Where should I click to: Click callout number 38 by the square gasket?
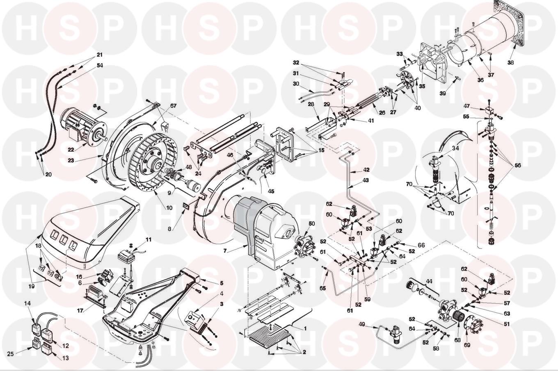pyautogui.click(x=510, y=63)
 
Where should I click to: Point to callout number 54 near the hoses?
pyautogui.click(x=100, y=65)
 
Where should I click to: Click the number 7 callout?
pyautogui.click(x=225, y=251)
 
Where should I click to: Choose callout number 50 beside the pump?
pyautogui.click(x=312, y=223)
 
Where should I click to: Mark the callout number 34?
pyautogui.click(x=455, y=148)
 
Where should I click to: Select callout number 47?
pyautogui.click(x=467, y=106)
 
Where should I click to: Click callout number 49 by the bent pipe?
pyautogui.click(x=362, y=324)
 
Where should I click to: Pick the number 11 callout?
pyautogui.click(x=149, y=240)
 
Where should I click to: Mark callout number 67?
pyautogui.click(x=173, y=105)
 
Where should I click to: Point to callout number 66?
pyautogui.click(x=421, y=245)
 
